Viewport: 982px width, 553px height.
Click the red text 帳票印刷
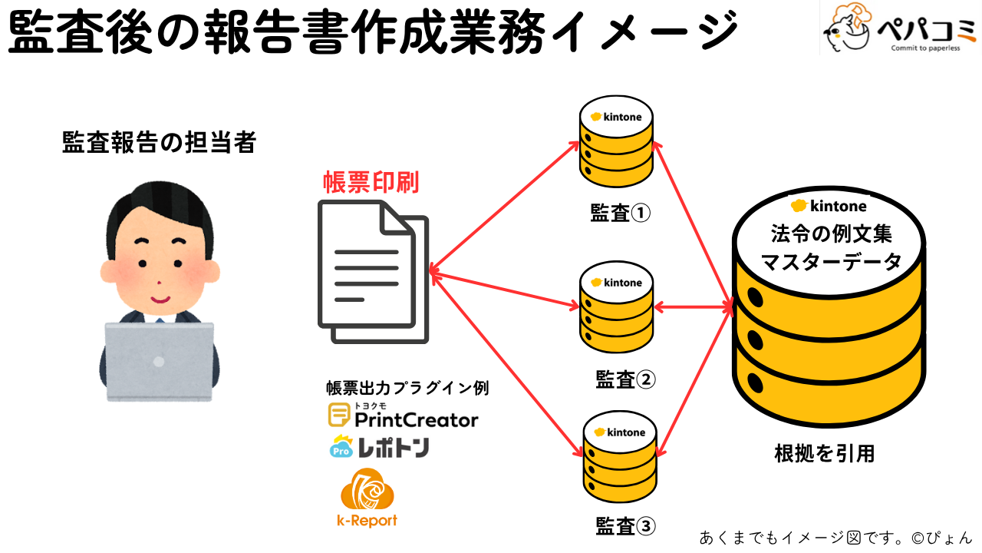pos(371,182)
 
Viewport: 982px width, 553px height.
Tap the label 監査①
pos(620,213)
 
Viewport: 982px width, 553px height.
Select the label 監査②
pos(625,379)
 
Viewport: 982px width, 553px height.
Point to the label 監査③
pos(625,526)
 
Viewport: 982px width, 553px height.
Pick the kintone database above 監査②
pos(616,306)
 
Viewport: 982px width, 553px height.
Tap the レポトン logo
pos(379,447)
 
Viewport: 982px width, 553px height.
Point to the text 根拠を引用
pos(824,453)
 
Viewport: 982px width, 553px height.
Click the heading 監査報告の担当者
pos(159,143)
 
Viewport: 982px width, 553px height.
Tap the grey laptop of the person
pos(159,360)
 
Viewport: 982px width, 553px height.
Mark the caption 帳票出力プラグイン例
pos(407,388)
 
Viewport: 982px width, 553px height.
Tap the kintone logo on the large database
pos(829,206)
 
